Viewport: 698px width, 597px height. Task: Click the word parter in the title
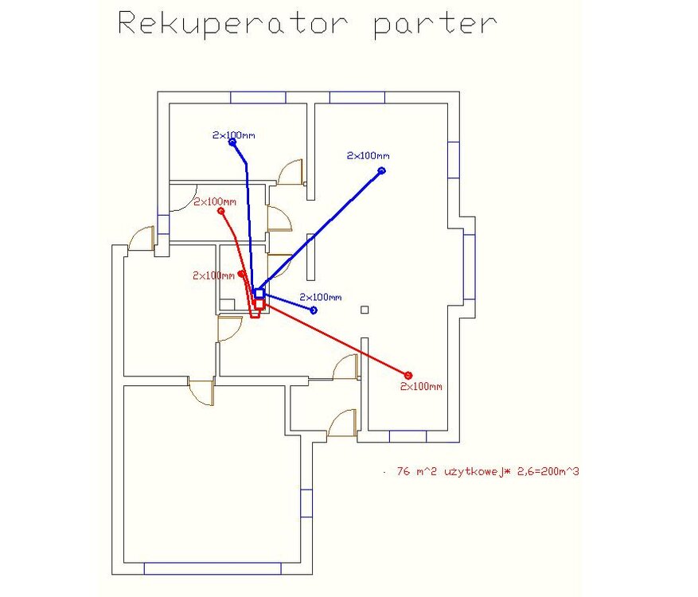pos(435,24)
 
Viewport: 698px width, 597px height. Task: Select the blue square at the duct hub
pos(259,293)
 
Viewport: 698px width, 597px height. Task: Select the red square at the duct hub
pos(259,303)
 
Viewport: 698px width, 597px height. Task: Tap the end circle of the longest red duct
pos(408,375)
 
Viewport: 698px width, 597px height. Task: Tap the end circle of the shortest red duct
pos(241,273)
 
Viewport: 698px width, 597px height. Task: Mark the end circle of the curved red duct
pos(221,211)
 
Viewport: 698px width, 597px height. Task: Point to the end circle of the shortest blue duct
pos(314,310)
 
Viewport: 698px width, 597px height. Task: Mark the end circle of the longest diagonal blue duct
pos(381,170)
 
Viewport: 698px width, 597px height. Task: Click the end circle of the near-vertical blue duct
pos(232,142)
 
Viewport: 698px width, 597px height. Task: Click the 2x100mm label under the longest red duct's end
pos(421,387)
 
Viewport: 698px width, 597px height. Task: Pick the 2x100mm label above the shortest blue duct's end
pos(321,298)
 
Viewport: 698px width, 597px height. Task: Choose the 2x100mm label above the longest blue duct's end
pos(368,156)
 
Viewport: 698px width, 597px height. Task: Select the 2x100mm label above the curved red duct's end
pos(215,202)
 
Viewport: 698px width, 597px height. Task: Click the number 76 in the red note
pos(402,472)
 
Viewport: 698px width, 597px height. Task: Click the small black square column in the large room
pos(365,309)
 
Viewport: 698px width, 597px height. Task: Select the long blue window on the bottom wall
pos(213,568)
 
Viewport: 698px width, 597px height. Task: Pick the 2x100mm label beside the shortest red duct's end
pos(213,276)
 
